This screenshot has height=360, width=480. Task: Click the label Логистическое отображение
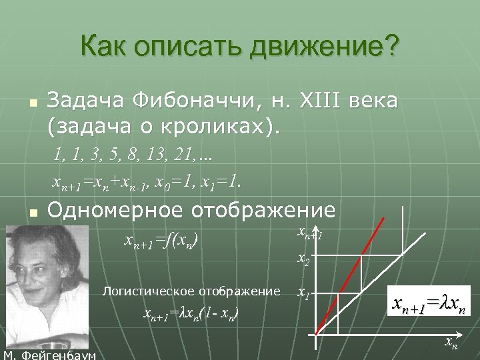point(191,291)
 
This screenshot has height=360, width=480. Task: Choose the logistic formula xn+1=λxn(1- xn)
point(191,313)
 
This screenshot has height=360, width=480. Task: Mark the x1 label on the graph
point(303,293)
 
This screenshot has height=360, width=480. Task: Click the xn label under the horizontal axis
point(451,344)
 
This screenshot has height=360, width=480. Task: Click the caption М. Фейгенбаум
point(49,355)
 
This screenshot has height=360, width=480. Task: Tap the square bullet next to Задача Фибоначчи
point(31,104)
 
